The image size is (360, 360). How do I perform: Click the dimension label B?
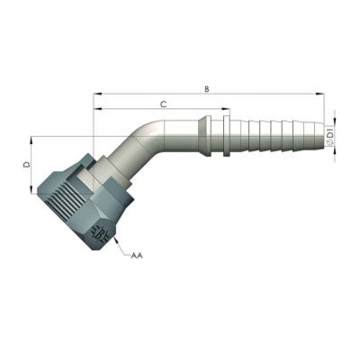(x=207, y=89)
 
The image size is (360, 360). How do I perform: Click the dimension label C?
(x=163, y=104)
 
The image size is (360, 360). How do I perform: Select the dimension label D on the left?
(x=27, y=165)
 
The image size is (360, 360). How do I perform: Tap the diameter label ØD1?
(x=329, y=137)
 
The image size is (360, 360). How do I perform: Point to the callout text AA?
(x=137, y=256)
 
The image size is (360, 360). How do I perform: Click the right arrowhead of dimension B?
(x=320, y=94)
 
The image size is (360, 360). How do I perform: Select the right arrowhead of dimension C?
(x=226, y=109)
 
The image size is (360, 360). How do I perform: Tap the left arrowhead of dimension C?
(x=97, y=109)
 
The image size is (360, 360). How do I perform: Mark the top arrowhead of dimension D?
(x=31, y=141)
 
